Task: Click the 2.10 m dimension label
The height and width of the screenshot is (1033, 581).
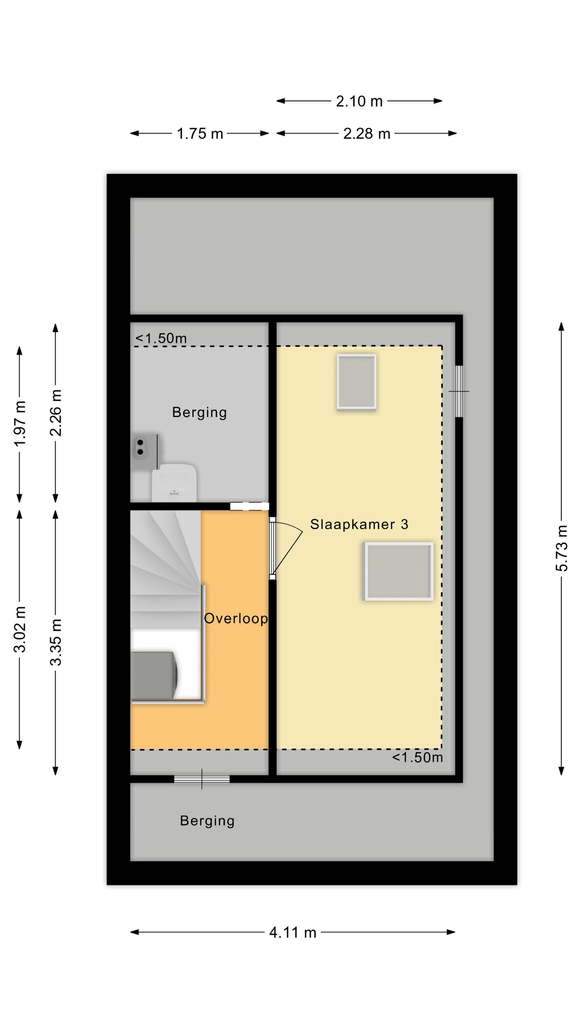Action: pyautogui.click(x=359, y=102)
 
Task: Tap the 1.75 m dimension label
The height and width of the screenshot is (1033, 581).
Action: pyautogui.click(x=200, y=134)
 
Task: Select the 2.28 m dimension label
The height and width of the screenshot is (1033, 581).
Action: pyautogui.click(x=367, y=134)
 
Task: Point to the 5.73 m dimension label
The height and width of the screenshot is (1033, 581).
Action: pyautogui.click(x=561, y=547)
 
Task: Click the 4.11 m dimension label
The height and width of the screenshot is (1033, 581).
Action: pyautogui.click(x=293, y=932)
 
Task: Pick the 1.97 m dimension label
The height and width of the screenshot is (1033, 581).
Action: pyautogui.click(x=20, y=423)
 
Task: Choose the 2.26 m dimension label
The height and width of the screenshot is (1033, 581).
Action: pyautogui.click(x=55, y=413)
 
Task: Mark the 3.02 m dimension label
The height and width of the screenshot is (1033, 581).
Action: pyautogui.click(x=20, y=629)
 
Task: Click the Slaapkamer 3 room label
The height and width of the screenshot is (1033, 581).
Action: pyautogui.click(x=359, y=524)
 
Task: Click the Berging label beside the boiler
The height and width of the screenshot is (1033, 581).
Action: pyautogui.click(x=199, y=412)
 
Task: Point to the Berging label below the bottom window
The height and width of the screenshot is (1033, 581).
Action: pyautogui.click(x=207, y=821)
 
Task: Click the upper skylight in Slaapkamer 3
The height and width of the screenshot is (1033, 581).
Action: pyautogui.click(x=357, y=382)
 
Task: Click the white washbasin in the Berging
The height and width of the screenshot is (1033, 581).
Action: pyautogui.click(x=174, y=482)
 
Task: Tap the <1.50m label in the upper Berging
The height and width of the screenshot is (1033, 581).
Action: pyautogui.click(x=161, y=338)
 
